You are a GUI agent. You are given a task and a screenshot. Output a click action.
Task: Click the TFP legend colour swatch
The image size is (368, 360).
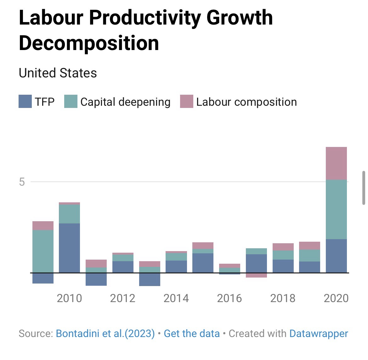tap(25, 102)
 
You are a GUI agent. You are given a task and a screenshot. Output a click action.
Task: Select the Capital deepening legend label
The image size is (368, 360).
tap(125, 102)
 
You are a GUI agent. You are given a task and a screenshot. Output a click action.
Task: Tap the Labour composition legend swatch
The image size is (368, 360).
tap(186, 102)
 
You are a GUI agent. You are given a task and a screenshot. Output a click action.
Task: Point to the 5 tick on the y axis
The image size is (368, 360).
tap(22, 182)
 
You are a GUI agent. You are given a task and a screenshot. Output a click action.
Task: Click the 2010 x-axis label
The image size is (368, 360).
tap(69, 298)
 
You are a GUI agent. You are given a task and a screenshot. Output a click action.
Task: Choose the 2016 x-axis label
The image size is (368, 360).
tap(229, 298)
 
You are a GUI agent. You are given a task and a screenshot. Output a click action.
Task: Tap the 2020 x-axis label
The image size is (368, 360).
tap(336, 298)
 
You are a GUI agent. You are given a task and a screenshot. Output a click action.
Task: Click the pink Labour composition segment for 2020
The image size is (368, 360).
tap(336, 163)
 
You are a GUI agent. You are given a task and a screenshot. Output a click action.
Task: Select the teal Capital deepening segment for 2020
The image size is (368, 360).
tap(336, 209)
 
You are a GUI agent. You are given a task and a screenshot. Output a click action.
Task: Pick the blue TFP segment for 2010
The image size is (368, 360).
tap(69, 248)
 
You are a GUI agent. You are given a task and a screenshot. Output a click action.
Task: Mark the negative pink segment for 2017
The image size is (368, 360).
tap(256, 275)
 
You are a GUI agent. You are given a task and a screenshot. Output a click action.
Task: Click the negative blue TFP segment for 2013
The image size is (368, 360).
tap(150, 279)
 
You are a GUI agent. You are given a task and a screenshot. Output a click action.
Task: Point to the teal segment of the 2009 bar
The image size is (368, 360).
tap(43, 251)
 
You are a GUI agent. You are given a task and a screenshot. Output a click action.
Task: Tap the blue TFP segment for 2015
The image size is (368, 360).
tap(203, 263)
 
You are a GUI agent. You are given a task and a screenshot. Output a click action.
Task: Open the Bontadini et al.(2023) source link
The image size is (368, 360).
tap(105, 334)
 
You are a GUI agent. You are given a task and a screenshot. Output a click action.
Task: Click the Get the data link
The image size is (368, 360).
tap(192, 334)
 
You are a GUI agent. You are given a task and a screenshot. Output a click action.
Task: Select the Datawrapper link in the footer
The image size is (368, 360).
tap(319, 334)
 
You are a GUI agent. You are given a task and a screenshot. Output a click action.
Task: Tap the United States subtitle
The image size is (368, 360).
tap(58, 73)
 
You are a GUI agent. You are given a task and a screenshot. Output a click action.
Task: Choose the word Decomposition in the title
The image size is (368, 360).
tap(89, 43)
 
